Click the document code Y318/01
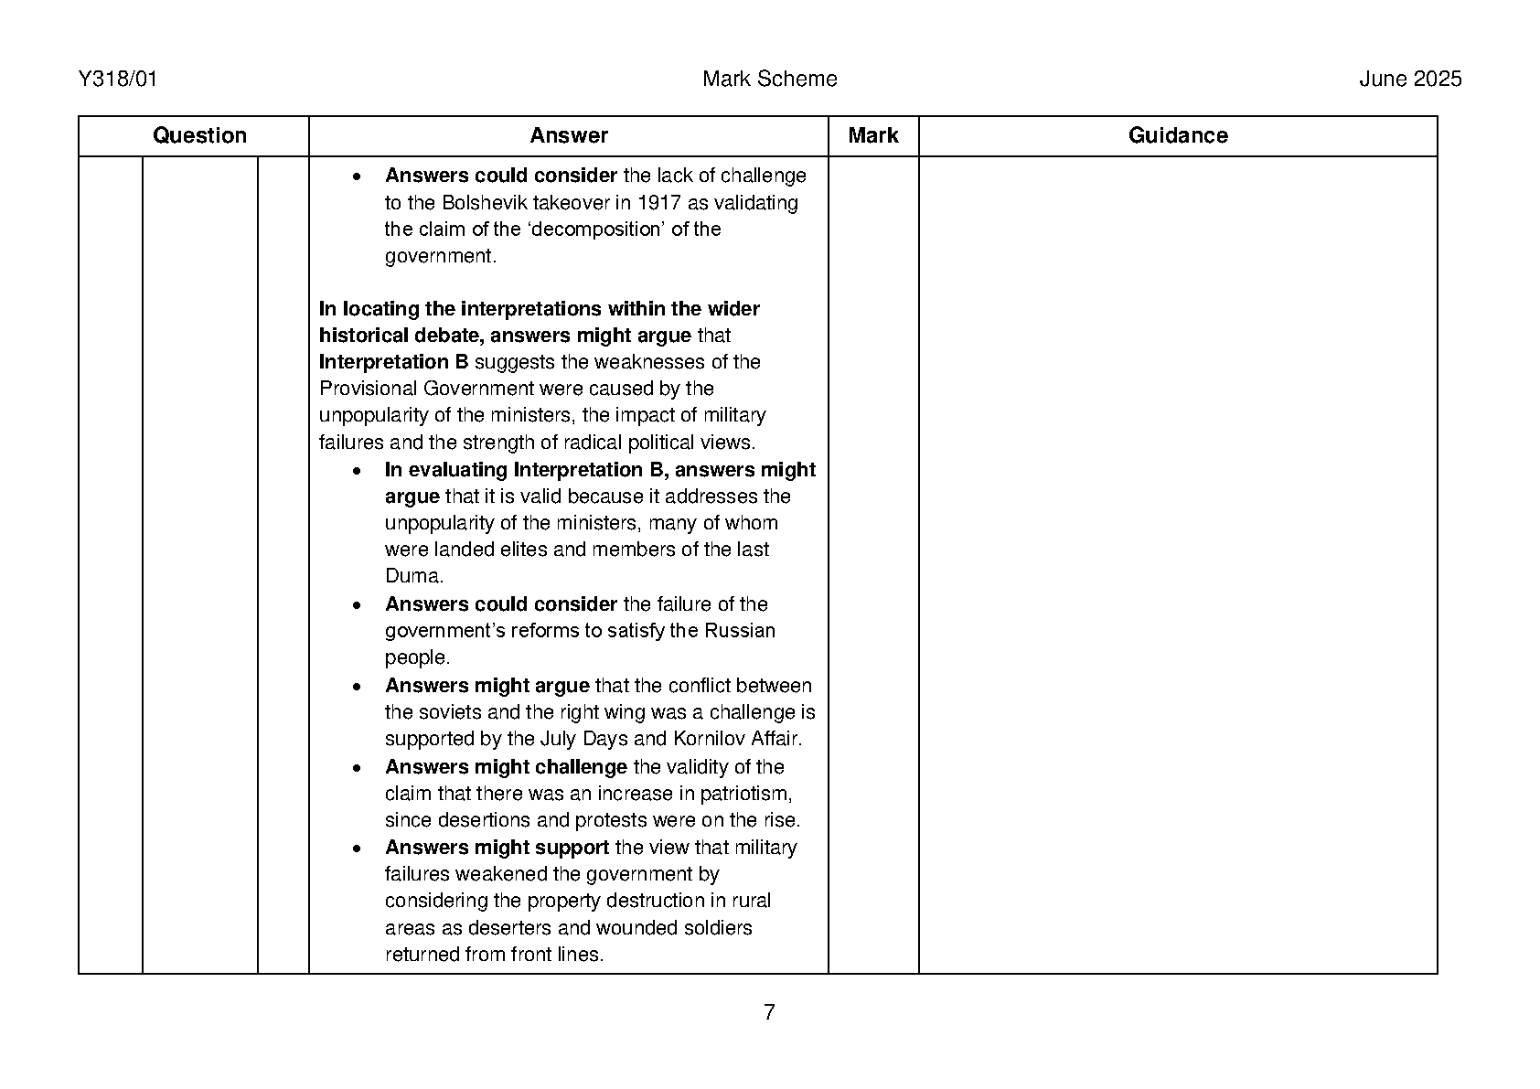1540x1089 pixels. pyautogui.click(x=118, y=80)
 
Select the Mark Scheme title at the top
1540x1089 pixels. pyautogui.click(x=769, y=80)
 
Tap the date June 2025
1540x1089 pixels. pyautogui.click(x=1409, y=80)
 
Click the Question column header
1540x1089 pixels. pyautogui.click(x=199, y=136)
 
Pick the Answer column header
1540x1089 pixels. pyautogui.click(x=568, y=136)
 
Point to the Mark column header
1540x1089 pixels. pyautogui.click(x=872, y=136)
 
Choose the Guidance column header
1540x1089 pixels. pyautogui.click(x=1177, y=136)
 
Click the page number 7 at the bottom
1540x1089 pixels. pyautogui.click(x=769, y=1012)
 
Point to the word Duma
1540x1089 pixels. pyautogui.click(x=413, y=576)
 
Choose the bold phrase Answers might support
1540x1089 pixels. pyautogui.click(x=497, y=848)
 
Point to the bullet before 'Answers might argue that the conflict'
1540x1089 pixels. pyautogui.click(x=358, y=686)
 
